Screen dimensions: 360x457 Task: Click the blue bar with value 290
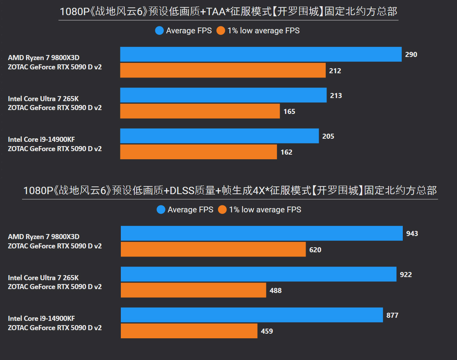(x=261, y=54)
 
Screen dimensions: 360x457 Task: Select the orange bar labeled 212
(x=223, y=71)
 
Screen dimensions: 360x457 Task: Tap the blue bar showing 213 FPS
(x=223, y=95)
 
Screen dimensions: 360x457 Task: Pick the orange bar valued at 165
(x=200, y=111)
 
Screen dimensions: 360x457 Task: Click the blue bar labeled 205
(x=219, y=136)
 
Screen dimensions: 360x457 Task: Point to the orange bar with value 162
(x=198, y=152)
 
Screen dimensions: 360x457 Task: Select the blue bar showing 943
(x=261, y=234)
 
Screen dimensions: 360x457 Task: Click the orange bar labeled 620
(x=213, y=250)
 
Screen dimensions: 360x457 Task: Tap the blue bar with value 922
(x=258, y=274)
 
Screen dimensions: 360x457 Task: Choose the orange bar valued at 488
(x=193, y=290)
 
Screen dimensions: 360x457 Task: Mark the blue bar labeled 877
(x=252, y=315)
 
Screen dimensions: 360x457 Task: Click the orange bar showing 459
(x=189, y=331)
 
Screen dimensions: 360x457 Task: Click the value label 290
(x=411, y=55)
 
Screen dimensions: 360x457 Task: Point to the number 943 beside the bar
(x=412, y=234)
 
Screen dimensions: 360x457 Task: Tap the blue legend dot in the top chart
(x=159, y=31)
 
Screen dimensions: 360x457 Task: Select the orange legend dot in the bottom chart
(x=222, y=210)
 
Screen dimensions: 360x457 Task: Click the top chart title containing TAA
(x=228, y=12)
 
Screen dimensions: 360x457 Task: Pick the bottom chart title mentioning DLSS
(x=230, y=191)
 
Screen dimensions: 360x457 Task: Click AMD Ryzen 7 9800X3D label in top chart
(x=43, y=58)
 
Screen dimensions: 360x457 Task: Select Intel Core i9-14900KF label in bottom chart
(x=41, y=319)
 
